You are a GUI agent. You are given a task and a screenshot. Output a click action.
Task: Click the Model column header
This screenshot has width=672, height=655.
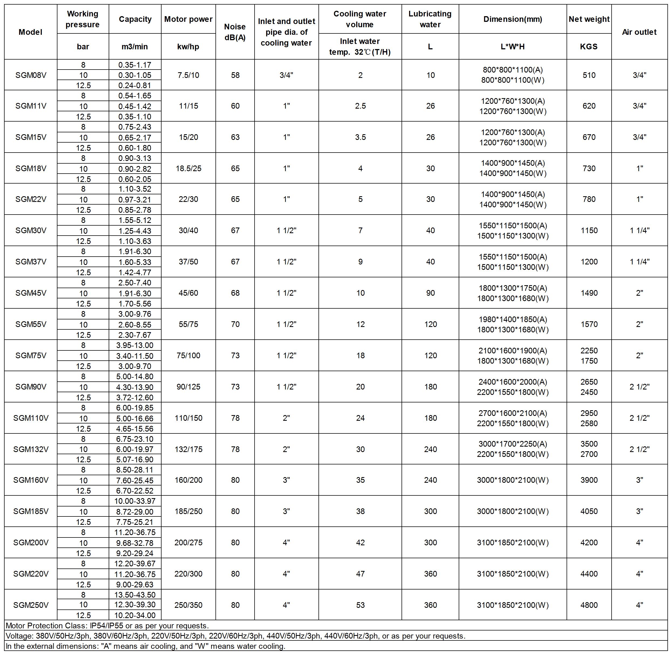click(31, 32)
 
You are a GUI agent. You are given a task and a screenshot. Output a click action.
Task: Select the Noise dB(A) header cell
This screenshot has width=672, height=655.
click(235, 32)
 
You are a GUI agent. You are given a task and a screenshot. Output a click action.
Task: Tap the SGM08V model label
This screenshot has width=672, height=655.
click(31, 75)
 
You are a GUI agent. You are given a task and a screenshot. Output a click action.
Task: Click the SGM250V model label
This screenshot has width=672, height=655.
click(31, 605)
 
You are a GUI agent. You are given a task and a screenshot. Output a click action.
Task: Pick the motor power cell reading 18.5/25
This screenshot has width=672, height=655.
click(188, 168)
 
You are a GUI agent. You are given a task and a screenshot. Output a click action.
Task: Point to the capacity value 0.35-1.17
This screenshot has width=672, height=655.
click(135, 65)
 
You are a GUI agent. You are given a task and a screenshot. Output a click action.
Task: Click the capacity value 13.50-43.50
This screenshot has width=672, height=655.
click(135, 594)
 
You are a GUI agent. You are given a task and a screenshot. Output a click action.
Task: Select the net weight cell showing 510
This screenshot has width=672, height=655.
click(589, 75)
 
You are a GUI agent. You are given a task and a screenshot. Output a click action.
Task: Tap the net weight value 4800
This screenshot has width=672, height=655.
click(589, 605)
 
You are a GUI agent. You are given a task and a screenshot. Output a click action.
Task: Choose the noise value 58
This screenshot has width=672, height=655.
click(235, 75)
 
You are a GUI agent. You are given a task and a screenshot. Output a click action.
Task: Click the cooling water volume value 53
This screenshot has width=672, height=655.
click(360, 605)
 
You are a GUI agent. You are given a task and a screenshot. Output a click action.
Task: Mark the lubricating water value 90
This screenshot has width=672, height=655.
click(430, 293)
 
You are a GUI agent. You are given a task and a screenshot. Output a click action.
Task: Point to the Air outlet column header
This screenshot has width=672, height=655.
click(639, 32)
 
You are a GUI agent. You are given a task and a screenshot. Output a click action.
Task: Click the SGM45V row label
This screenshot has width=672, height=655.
click(31, 293)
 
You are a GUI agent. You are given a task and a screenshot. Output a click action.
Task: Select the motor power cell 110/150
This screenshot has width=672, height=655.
click(188, 418)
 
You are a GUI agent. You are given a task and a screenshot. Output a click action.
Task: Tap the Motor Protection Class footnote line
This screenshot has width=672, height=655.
click(107, 625)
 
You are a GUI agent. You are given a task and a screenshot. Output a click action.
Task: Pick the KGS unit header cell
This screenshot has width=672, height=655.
click(589, 46)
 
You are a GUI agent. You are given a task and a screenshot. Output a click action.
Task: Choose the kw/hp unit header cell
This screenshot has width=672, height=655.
click(188, 46)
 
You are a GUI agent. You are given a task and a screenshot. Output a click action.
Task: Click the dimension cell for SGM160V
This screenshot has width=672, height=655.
click(512, 480)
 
